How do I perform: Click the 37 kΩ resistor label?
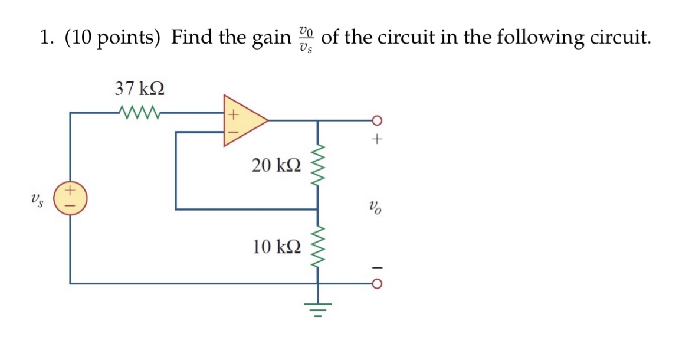[x=140, y=89]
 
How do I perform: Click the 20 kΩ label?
[x=276, y=165]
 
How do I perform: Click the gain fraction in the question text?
[x=305, y=39]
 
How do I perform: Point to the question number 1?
[x=45, y=38]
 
